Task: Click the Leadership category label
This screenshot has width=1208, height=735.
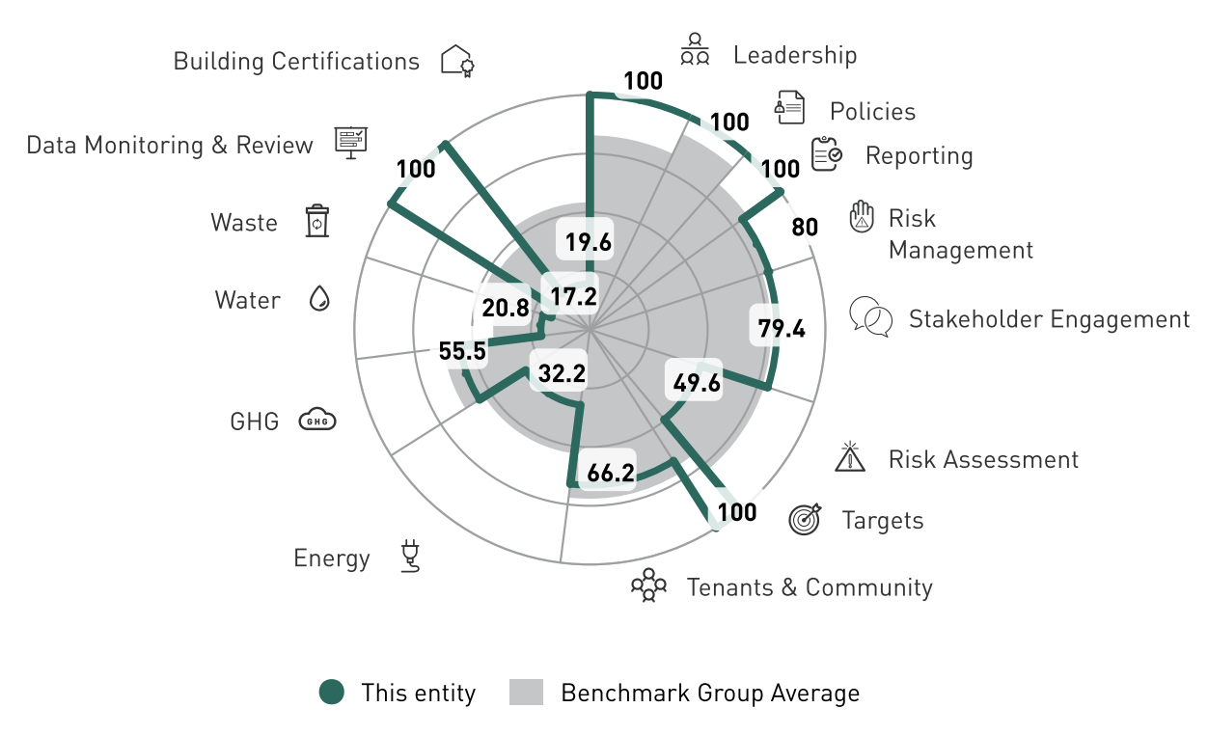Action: [794, 54]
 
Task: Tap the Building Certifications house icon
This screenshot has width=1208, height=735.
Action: [457, 61]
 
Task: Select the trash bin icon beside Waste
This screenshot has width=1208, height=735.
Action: [317, 221]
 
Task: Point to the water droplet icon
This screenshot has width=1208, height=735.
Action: [318, 299]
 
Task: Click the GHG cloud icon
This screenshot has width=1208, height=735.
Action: [316, 420]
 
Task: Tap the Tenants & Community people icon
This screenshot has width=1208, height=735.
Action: [648, 585]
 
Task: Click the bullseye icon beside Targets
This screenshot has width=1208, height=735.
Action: [806, 519]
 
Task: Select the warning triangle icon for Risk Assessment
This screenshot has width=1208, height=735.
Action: [849, 456]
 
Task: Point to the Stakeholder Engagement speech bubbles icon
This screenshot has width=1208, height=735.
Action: [870, 316]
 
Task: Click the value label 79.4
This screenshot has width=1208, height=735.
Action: [781, 328]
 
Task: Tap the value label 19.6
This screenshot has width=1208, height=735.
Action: [589, 242]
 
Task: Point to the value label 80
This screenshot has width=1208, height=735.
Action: [805, 228]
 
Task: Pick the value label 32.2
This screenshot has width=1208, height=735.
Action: [562, 372]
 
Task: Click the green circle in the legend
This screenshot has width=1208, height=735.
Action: [332, 692]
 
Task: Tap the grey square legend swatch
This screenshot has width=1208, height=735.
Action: [526, 692]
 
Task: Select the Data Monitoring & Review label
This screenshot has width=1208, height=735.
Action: [170, 145]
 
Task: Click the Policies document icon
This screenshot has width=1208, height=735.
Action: [789, 108]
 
